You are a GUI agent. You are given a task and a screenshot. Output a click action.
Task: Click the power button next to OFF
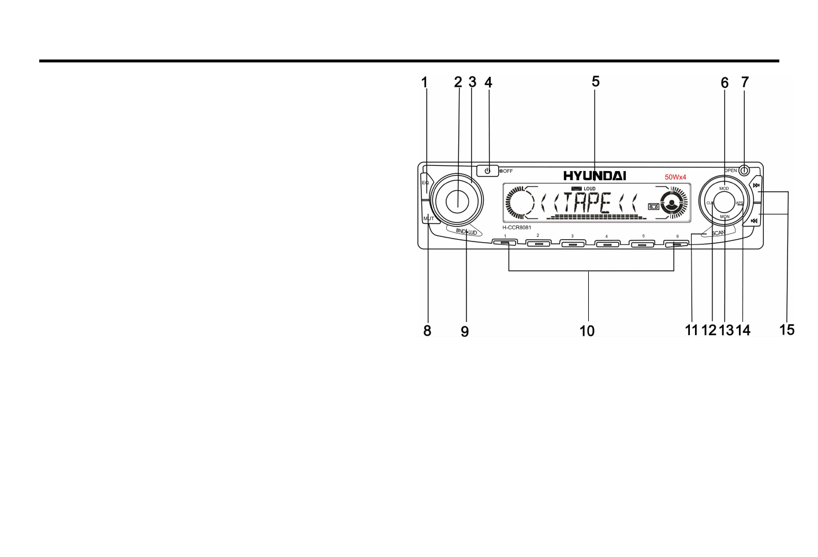[x=488, y=170]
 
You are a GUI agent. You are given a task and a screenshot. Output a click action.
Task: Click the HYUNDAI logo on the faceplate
[x=595, y=176]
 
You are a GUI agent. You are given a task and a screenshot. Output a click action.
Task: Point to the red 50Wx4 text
[x=675, y=177]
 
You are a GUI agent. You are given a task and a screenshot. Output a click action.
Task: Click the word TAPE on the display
[x=587, y=203]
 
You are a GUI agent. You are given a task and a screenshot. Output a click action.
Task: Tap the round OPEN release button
[x=745, y=170]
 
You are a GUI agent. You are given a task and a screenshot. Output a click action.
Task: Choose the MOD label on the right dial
[x=724, y=188]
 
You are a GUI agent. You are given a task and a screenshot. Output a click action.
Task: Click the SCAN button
[x=718, y=232]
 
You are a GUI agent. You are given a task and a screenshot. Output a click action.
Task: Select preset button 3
[x=573, y=244]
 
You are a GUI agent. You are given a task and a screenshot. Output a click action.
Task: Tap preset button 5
[x=642, y=244]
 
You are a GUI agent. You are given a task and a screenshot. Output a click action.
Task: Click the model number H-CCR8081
[x=517, y=227]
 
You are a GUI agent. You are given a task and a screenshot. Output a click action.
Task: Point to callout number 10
[x=587, y=331]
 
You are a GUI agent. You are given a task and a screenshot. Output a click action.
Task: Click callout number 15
[x=787, y=330]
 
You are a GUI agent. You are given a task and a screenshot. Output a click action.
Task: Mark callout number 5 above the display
[x=596, y=82]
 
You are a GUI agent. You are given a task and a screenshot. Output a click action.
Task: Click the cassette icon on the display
[x=653, y=206]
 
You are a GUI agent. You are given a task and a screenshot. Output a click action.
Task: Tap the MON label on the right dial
[x=724, y=217]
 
